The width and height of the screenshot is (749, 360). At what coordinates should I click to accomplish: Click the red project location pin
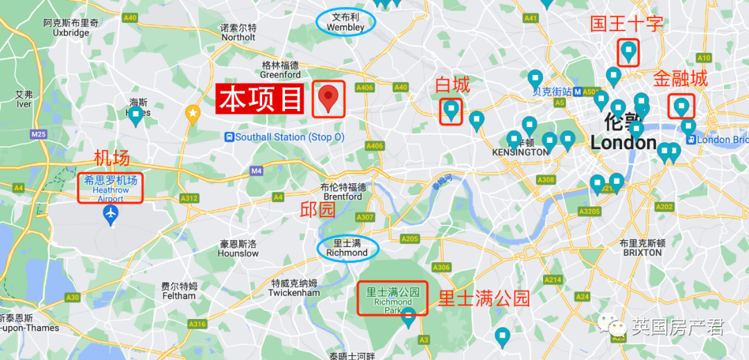coord(329,98)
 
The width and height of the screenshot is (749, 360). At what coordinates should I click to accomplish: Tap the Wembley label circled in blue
coord(345,22)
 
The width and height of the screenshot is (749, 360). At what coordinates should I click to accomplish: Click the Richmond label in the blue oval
coord(347,248)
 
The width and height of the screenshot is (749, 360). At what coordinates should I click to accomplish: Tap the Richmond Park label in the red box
coord(393,297)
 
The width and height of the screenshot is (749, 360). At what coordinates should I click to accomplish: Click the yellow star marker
coord(193,112)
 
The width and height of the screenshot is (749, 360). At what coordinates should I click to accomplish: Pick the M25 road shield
coord(37,133)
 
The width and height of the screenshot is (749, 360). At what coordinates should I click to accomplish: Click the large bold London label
coord(623,143)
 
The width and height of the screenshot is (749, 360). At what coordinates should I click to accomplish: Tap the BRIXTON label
coord(642,252)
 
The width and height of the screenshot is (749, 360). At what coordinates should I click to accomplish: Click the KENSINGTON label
coord(519,152)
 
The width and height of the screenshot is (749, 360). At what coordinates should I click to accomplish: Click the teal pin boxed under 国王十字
coord(628,51)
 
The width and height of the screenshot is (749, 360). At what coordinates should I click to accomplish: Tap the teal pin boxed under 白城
coord(451,110)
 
